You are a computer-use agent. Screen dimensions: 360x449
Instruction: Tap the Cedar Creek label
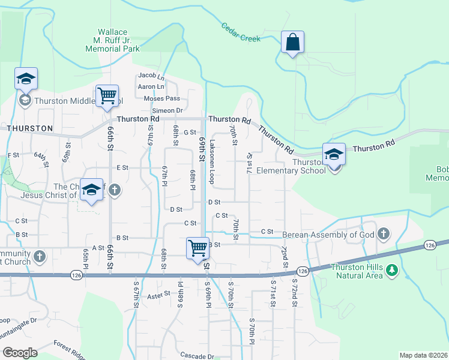point(241,33)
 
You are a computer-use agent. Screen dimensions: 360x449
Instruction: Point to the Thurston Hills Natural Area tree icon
point(392,271)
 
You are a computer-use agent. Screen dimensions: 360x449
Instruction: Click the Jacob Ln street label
point(151,76)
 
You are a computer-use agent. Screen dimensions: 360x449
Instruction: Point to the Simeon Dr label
point(167,110)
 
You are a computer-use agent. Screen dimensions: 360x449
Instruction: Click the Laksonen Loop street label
point(212,168)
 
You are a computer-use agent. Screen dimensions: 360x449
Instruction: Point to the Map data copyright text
point(424,355)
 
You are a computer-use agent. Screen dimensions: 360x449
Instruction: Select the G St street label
point(190,132)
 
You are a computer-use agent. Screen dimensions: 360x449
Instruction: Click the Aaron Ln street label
point(151,86)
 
